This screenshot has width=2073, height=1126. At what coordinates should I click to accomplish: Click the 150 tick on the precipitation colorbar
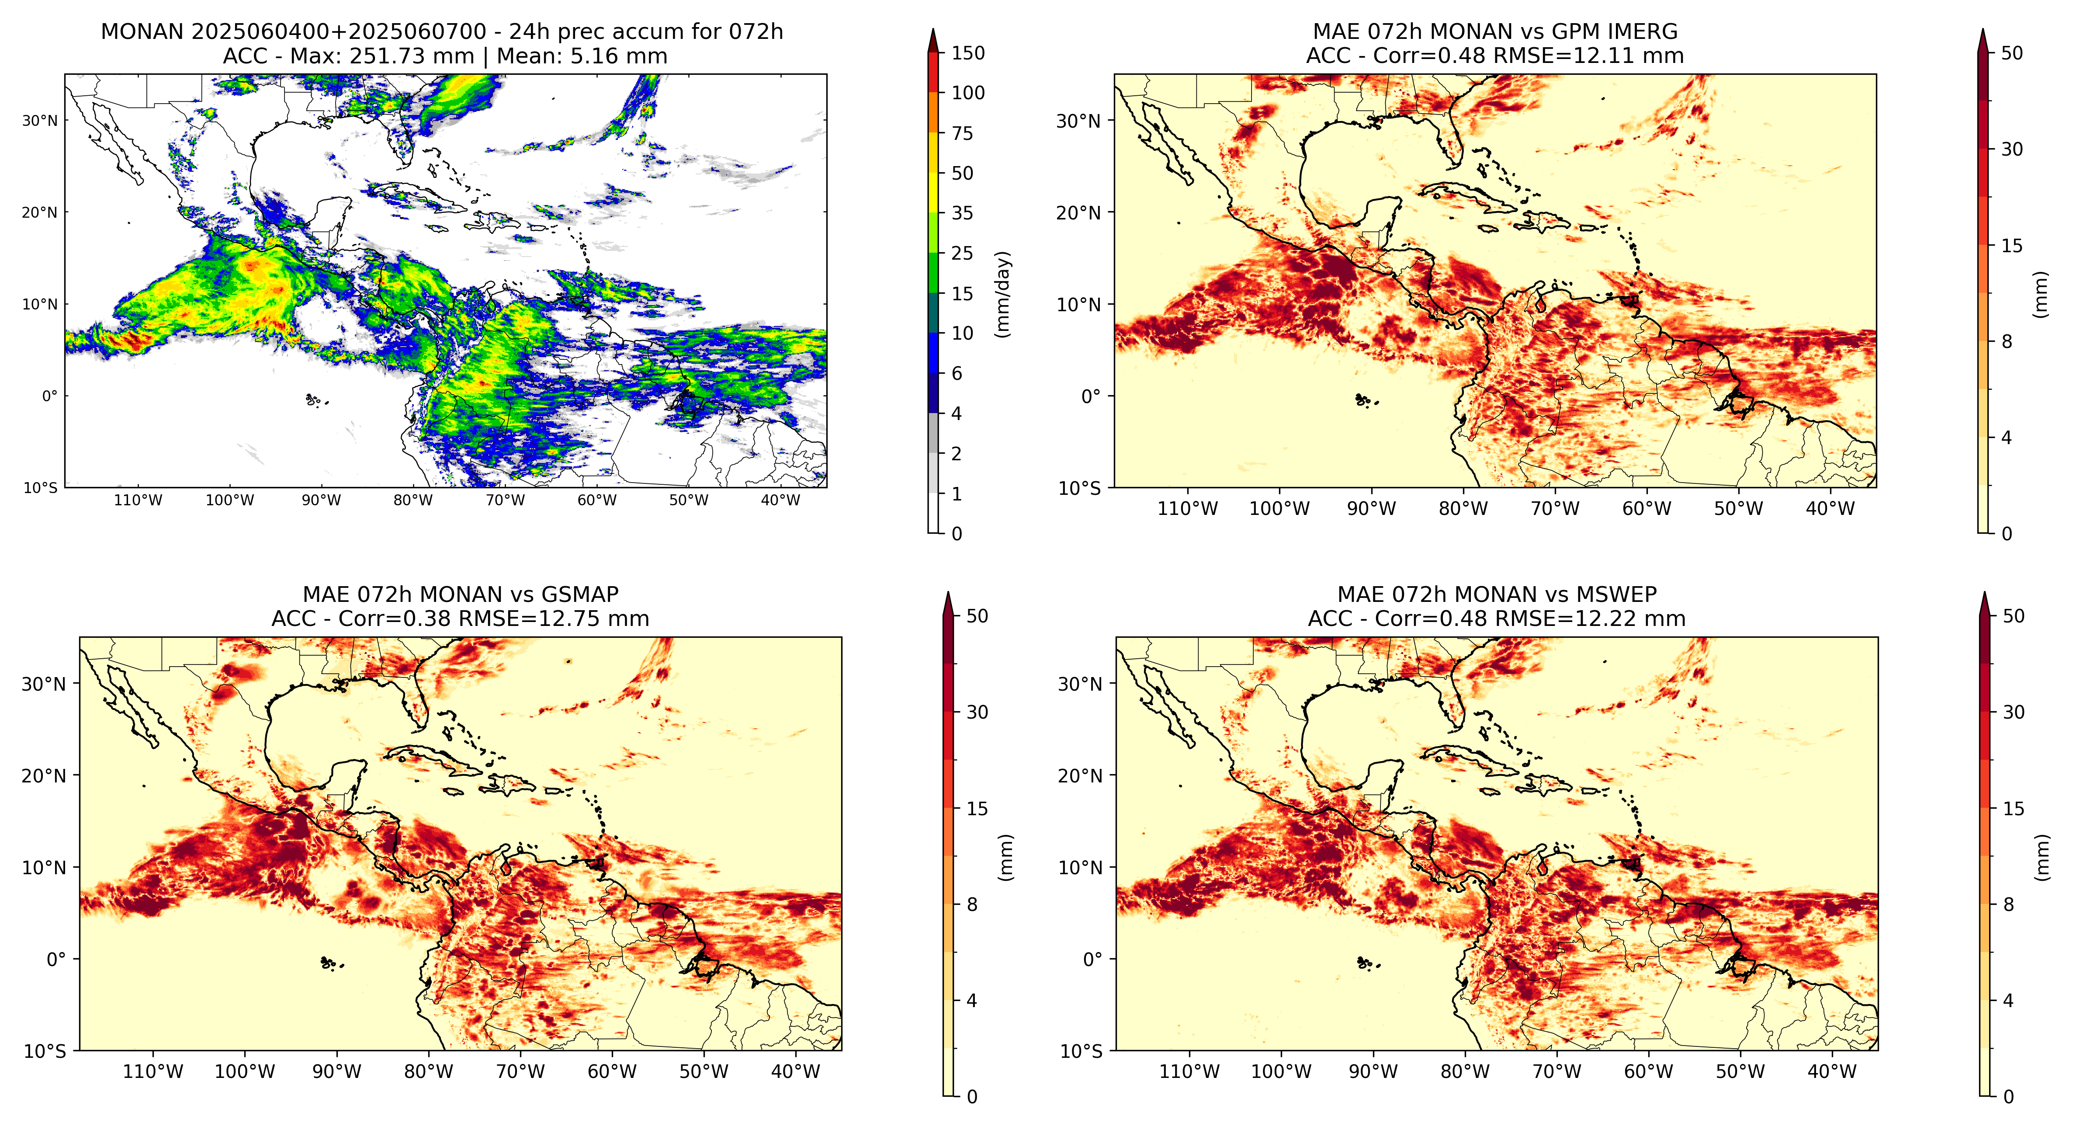point(967,53)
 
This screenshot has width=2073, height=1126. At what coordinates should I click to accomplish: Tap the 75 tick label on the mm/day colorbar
point(963,134)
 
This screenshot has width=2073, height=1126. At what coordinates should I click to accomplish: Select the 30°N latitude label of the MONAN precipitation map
point(40,121)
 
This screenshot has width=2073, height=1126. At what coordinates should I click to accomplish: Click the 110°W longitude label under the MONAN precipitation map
point(139,500)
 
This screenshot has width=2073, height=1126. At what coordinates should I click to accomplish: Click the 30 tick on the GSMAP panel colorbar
point(977,712)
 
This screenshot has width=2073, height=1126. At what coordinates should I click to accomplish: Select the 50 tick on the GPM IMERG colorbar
point(2012,53)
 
